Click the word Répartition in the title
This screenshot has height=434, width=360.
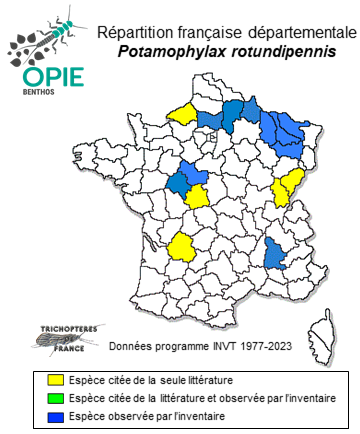click(139, 33)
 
